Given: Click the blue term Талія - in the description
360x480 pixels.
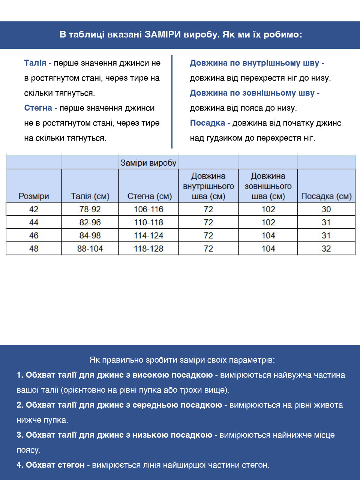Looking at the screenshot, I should click(x=37, y=63).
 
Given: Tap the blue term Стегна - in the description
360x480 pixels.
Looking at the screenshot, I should click(x=40, y=108).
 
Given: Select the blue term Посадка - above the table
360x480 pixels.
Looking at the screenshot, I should click(x=210, y=123).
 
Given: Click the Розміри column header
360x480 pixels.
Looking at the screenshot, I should click(x=34, y=196).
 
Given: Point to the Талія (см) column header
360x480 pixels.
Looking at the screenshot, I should click(x=90, y=196).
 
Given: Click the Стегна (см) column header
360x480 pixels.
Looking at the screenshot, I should click(x=149, y=196).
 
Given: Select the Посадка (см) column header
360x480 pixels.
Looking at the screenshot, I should click(x=326, y=196).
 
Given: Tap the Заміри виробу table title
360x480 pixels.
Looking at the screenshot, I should click(x=148, y=163).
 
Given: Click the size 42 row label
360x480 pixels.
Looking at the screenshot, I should click(x=34, y=209).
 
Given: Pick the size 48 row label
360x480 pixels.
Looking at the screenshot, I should click(x=34, y=249).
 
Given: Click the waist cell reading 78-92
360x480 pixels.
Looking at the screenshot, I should click(x=90, y=209).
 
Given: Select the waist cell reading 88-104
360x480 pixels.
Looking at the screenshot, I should click(x=90, y=249).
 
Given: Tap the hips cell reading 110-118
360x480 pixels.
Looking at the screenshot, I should click(x=148, y=222).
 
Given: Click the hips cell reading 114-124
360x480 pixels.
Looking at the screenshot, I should click(x=148, y=235).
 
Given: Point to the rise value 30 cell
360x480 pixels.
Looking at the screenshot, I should click(x=326, y=209).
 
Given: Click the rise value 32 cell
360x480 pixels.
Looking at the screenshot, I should click(x=326, y=249).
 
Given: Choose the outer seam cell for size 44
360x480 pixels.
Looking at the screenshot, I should click(x=268, y=222).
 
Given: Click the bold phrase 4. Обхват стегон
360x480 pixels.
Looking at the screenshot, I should click(x=51, y=465).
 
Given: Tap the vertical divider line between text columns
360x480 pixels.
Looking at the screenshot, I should click(x=172, y=101).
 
